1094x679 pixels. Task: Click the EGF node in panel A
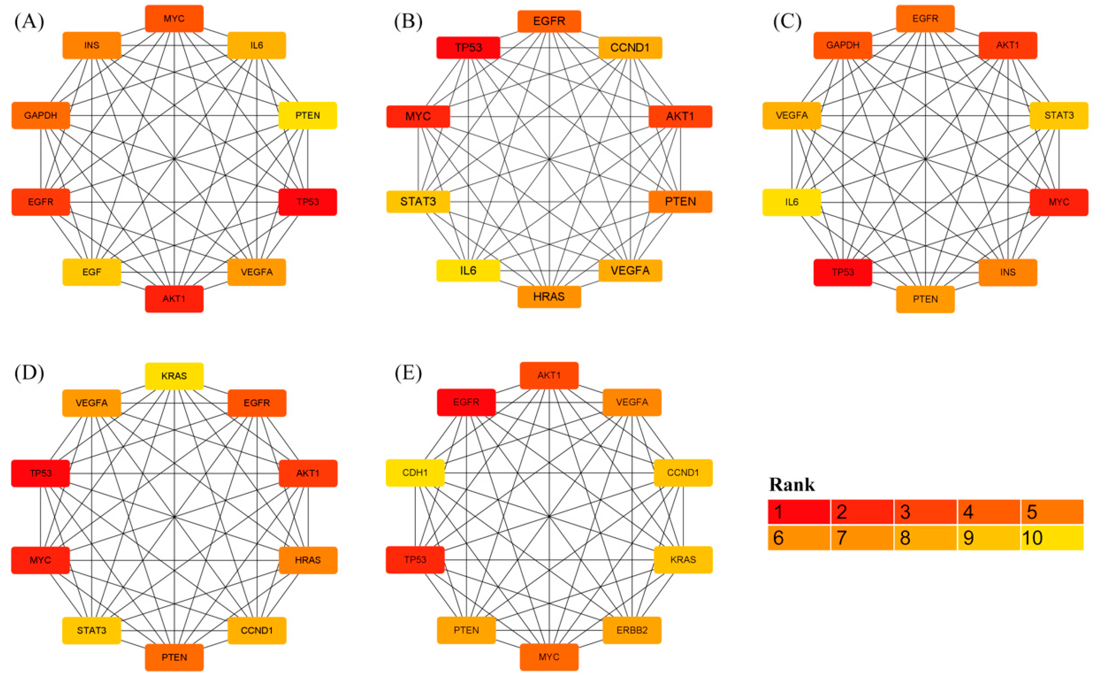tap(91, 272)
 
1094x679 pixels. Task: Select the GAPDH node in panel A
tap(41, 115)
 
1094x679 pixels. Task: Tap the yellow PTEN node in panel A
tap(307, 115)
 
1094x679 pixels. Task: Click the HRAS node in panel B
tap(549, 296)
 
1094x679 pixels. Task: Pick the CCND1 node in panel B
tap(630, 48)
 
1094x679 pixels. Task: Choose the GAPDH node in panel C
tap(843, 45)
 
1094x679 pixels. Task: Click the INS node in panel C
tap(1008, 272)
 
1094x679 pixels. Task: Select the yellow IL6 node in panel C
tap(792, 202)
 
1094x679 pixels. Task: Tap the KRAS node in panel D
tap(174, 376)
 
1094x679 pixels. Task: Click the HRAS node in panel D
tap(307, 560)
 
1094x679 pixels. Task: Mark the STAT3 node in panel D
tap(91, 630)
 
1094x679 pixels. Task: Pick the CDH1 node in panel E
tap(415, 472)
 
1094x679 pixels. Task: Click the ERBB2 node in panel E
tap(632, 630)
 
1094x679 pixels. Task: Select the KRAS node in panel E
tap(683, 560)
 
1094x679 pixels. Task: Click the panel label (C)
tap(787, 21)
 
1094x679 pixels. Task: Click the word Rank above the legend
tap(792, 484)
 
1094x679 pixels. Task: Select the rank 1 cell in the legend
tap(799, 511)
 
